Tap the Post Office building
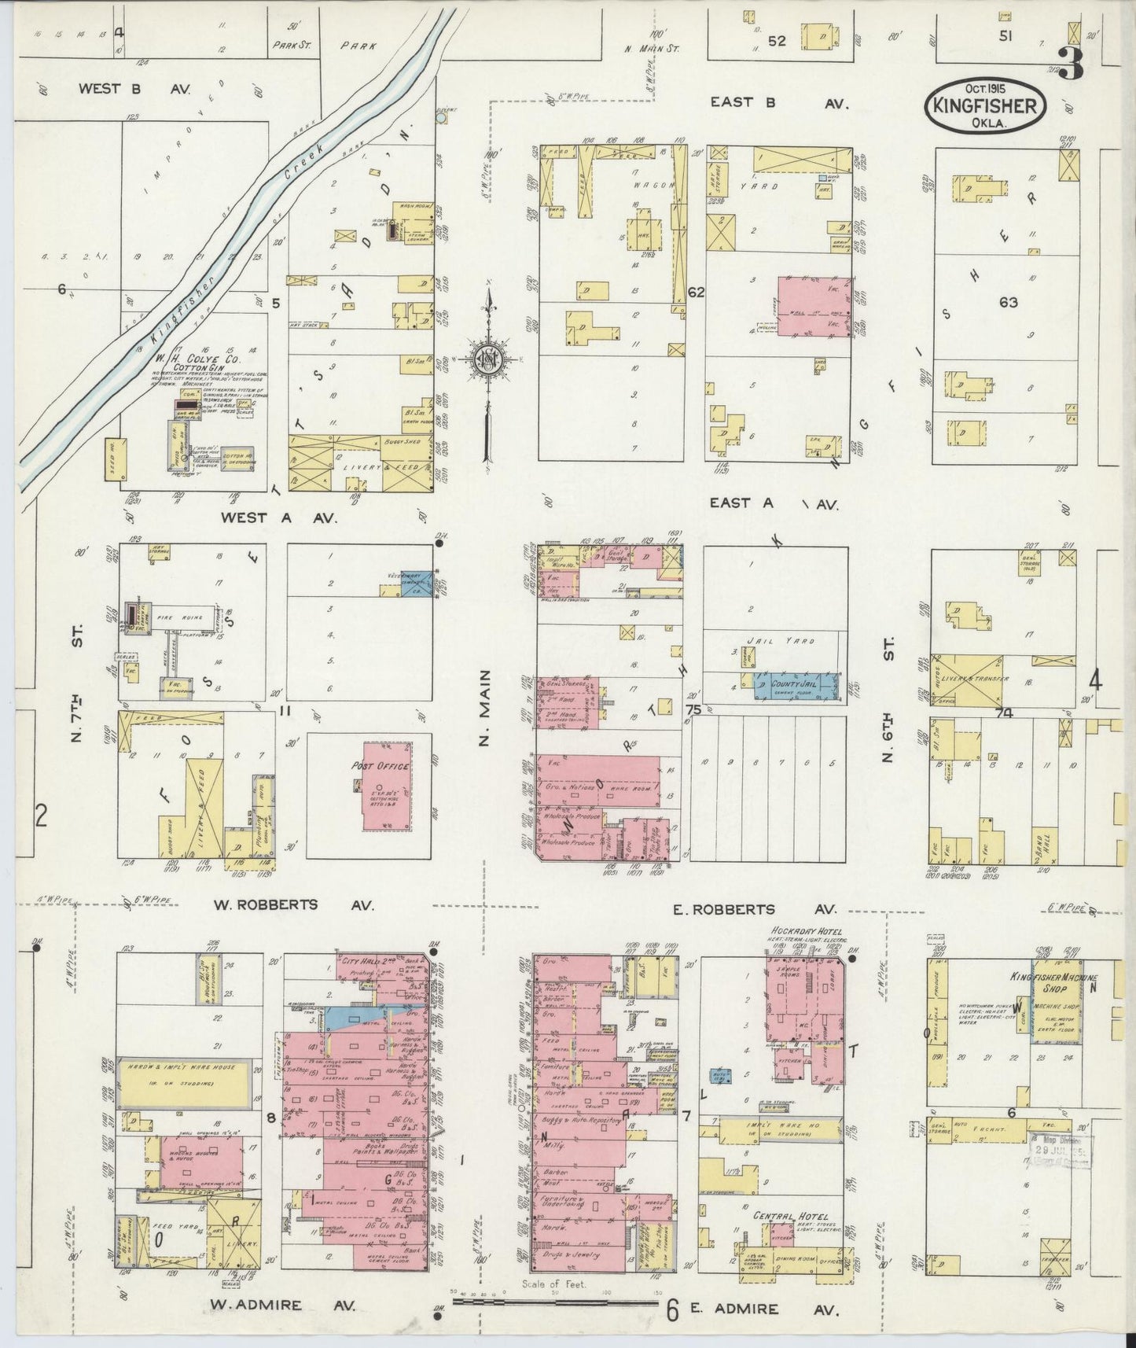pos(385,786)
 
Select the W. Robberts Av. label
pos(267,904)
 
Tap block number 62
pos(696,292)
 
